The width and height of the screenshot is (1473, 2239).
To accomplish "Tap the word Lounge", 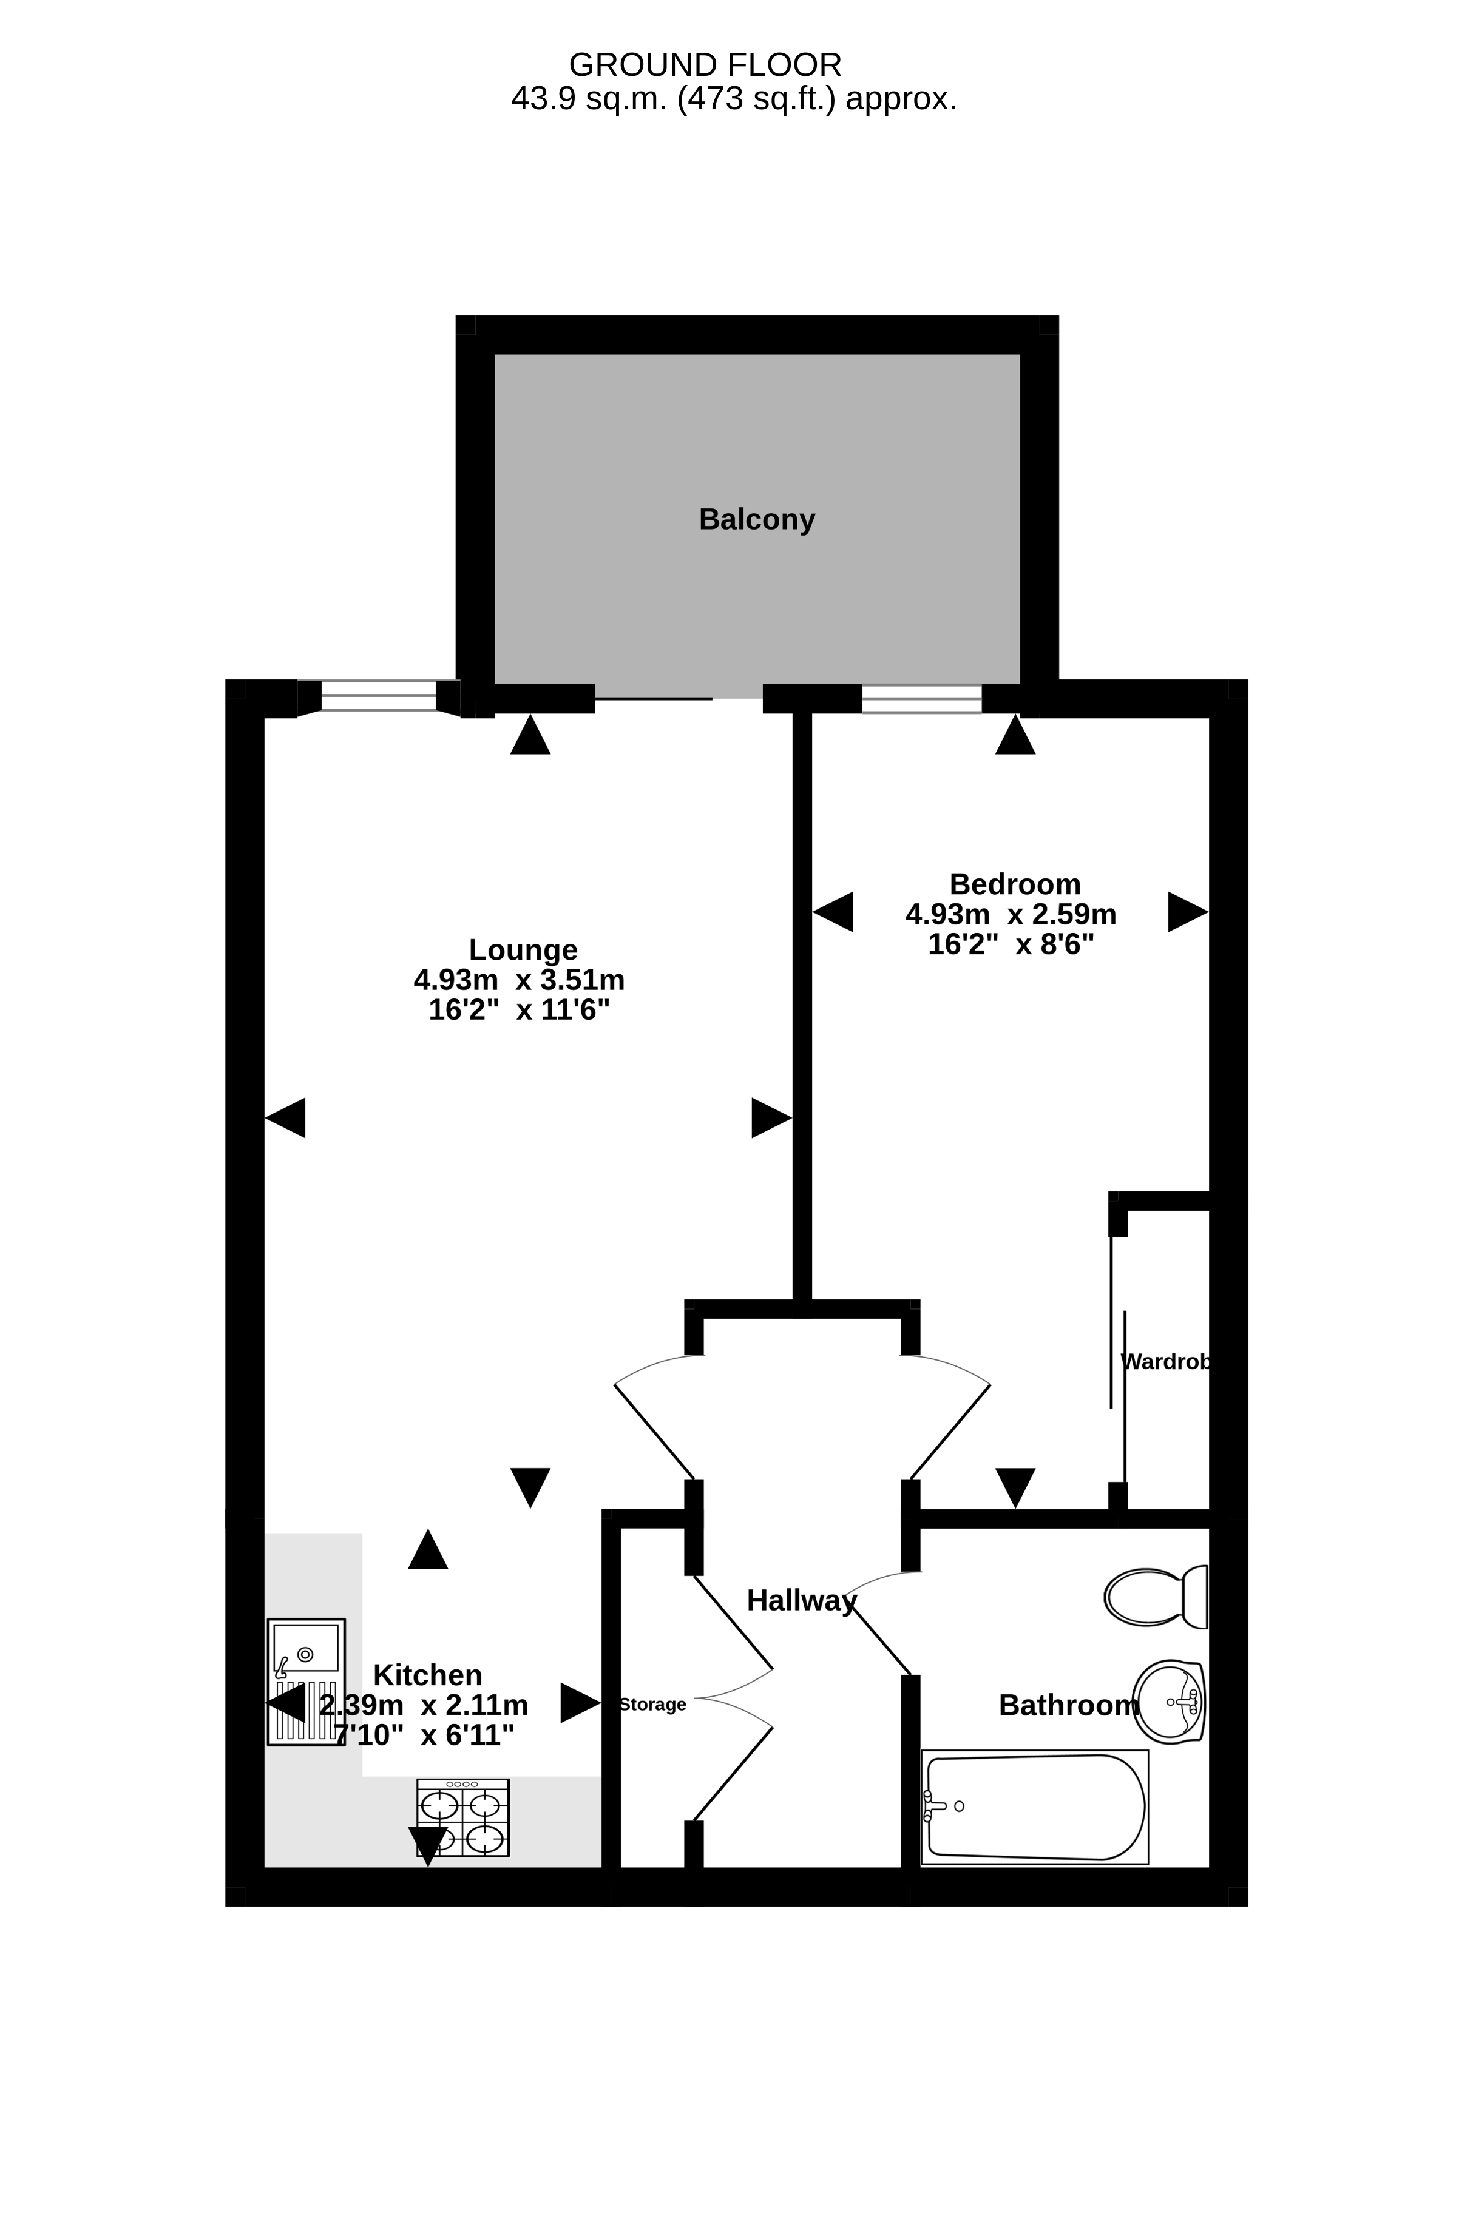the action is pyautogui.click(x=523, y=949).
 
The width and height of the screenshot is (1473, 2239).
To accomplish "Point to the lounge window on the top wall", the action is pyautogui.click(x=378, y=697).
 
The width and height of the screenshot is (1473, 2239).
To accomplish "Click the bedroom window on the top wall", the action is pyautogui.click(x=921, y=699).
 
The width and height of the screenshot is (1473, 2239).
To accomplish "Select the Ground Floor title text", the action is pyautogui.click(x=705, y=65).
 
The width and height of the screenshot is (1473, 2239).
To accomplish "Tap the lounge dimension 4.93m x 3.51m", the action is pyautogui.click(x=518, y=980).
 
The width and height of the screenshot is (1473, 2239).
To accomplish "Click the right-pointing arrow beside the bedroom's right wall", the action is pyautogui.click(x=1188, y=912).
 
